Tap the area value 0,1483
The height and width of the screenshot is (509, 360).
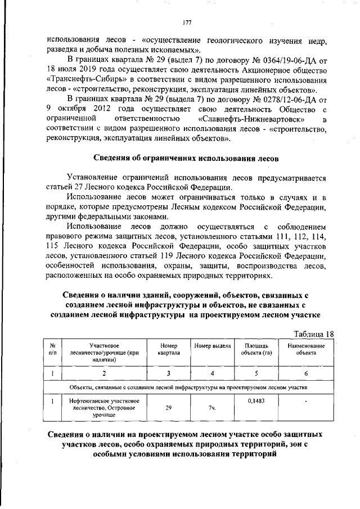coord(257,400)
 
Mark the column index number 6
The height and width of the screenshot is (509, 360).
coord(307,372)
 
